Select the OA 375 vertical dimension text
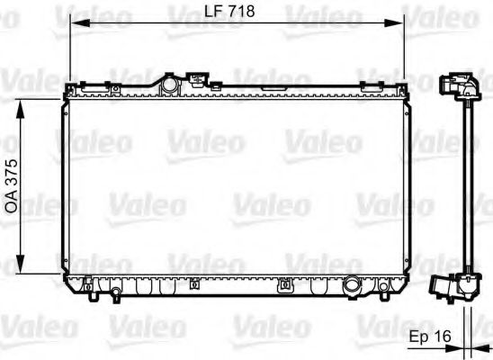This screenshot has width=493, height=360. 12,185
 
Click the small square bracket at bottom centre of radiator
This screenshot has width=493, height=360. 286,286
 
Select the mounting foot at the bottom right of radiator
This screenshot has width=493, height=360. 384,289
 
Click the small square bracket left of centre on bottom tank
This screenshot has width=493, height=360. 92,290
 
